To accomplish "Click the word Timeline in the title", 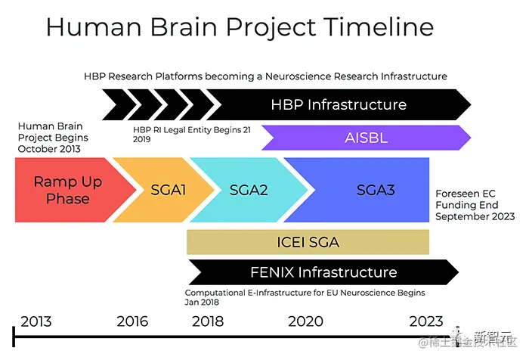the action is tap(380, 26).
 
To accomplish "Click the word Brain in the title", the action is tap(183, 26).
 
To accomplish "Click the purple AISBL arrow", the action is tap(366, 138).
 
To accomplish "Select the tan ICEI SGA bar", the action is tap(308, 242).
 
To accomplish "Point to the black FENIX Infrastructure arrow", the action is tap(323, 272).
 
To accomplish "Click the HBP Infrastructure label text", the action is tap(339, 104).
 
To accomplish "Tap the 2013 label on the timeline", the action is tap(36, 321).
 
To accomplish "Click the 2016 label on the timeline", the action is tap(132, 321).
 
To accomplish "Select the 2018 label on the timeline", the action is tap(208, 321).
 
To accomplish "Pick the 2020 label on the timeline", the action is tap(305, 321).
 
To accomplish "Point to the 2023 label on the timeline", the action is tap(426, 321).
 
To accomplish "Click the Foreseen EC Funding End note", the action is tap(475, 205).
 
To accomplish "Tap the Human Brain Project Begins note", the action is tap(53, 138).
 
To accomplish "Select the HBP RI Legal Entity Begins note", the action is tap(192, 135).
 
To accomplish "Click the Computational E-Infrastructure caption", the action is tap(305, 297).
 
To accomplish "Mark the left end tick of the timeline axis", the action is tap(14, 337).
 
